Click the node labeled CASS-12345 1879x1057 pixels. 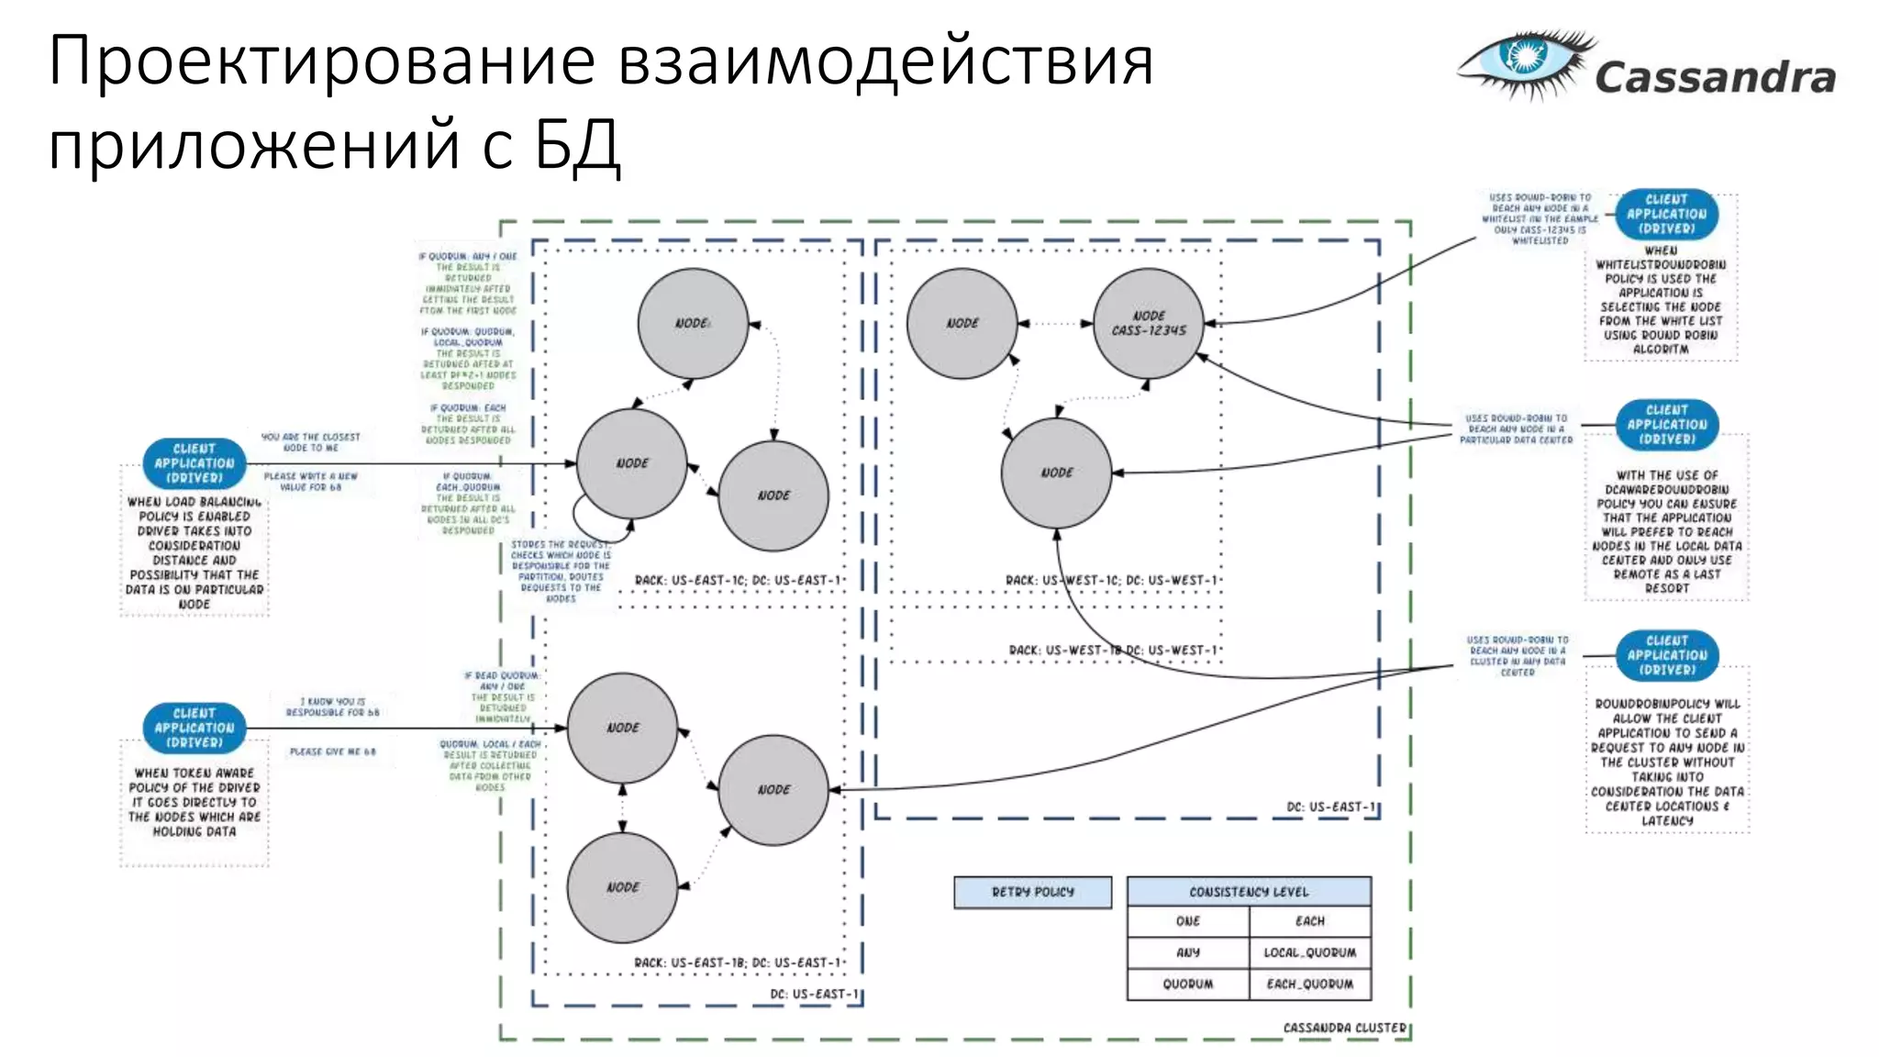(1149, 323)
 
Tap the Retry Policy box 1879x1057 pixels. (1032, 892)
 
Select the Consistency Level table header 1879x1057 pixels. (1249, 892)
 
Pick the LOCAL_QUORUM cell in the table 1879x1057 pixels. (1309, 952)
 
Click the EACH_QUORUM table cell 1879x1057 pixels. (1309, 984)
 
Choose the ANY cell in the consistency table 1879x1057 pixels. (1188, 952)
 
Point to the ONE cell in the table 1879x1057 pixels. (1188, 921)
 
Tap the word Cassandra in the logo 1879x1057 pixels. (1715, 78)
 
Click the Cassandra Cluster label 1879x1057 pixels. (1344, 1028)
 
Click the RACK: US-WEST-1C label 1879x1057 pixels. (1061, 580)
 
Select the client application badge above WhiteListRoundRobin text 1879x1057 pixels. (1666, 214)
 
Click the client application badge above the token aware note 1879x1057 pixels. (194, 728)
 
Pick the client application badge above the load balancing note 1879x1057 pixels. (194, 463)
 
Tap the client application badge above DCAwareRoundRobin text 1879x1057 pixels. (1666, 425)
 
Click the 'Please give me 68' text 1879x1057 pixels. (332, 751)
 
